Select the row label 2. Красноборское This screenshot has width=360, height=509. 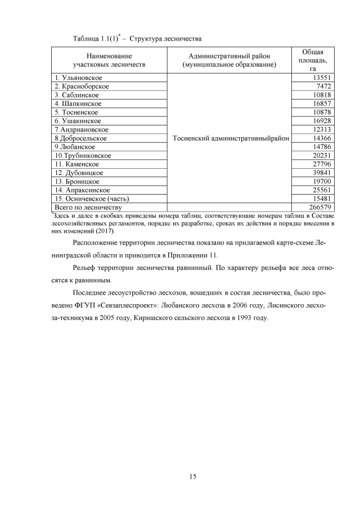pos(82,87)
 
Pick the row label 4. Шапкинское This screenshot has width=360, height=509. pos(78,103)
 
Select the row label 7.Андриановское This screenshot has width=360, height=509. pos(82,129)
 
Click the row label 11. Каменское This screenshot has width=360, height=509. pos(77,164)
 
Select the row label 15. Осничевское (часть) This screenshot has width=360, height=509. pos(92,199)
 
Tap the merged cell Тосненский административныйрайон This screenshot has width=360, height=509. pos(229,138)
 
